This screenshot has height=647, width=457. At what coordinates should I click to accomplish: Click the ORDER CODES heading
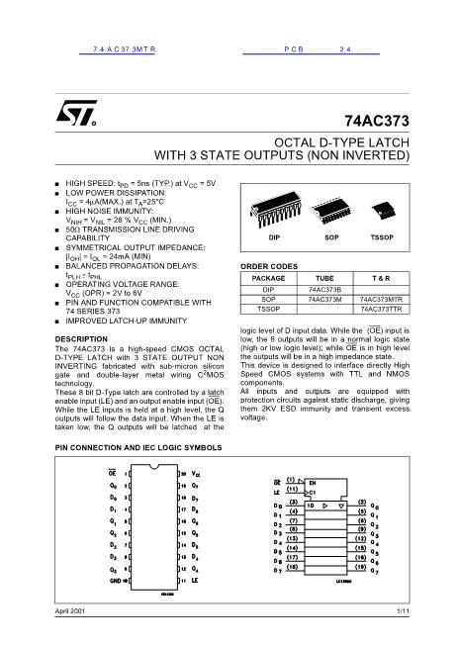270,267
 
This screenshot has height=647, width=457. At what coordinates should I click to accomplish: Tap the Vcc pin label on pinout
195,474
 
